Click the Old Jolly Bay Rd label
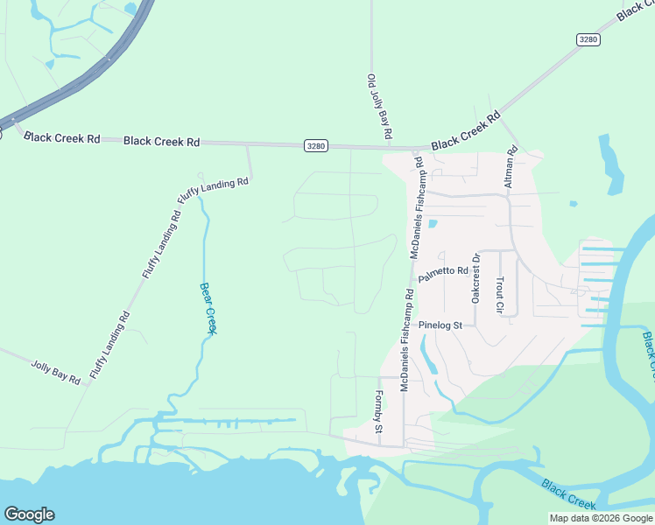(x=377, y=108)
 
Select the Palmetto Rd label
(x=443, y=275)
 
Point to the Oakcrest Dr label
(x=476, y=279)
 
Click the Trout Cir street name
(x=499, y=295)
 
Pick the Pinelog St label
(x=446, y=325)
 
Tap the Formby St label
(x=380, y=412)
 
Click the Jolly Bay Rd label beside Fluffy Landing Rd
(x=56, y=372)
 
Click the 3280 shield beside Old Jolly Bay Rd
(x=316, y=145)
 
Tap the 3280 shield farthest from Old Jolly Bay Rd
(x=588, y=39)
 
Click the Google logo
(x=29, y=514)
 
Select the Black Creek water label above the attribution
(x=568, y=494)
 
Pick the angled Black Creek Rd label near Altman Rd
(x=465, y=129)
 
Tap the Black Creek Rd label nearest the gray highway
(x=62, y=137)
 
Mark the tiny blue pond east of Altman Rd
(x=573, y=204)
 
